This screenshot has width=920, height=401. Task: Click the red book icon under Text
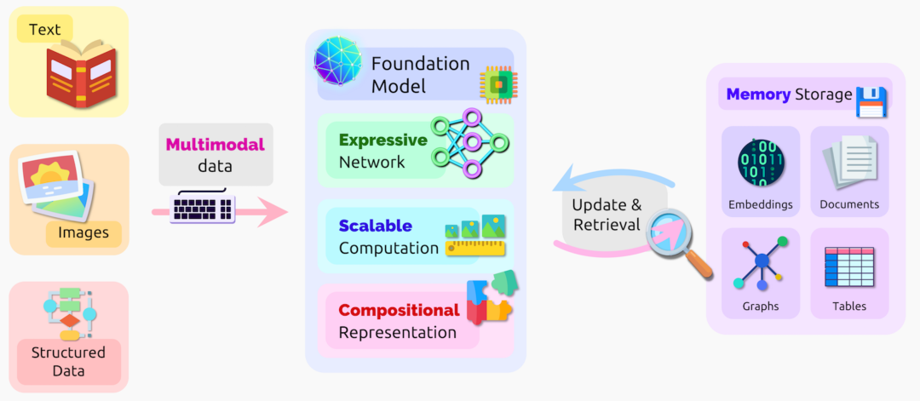click(x=82, y=76)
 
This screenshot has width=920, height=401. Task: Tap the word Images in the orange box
click(x=83, y=232)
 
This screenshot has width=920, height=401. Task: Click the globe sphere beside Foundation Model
click(x=338, y=61)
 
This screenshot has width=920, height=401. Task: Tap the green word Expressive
click(x=382, y=140)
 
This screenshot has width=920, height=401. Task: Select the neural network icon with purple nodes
click(x=469, y=143)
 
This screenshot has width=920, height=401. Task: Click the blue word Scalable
click(x=376, y=226)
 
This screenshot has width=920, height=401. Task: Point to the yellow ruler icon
click(x=475, y=249)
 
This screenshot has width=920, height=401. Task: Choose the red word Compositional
click(x=399, y=310)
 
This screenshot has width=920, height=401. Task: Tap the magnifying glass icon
click(x=679, y=242)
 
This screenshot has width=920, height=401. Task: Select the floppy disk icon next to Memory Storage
click(x=871, y=101)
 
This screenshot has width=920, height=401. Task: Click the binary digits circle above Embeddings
click(x=760, y=163)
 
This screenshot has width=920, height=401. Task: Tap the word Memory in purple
click(x=758, y=95)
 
